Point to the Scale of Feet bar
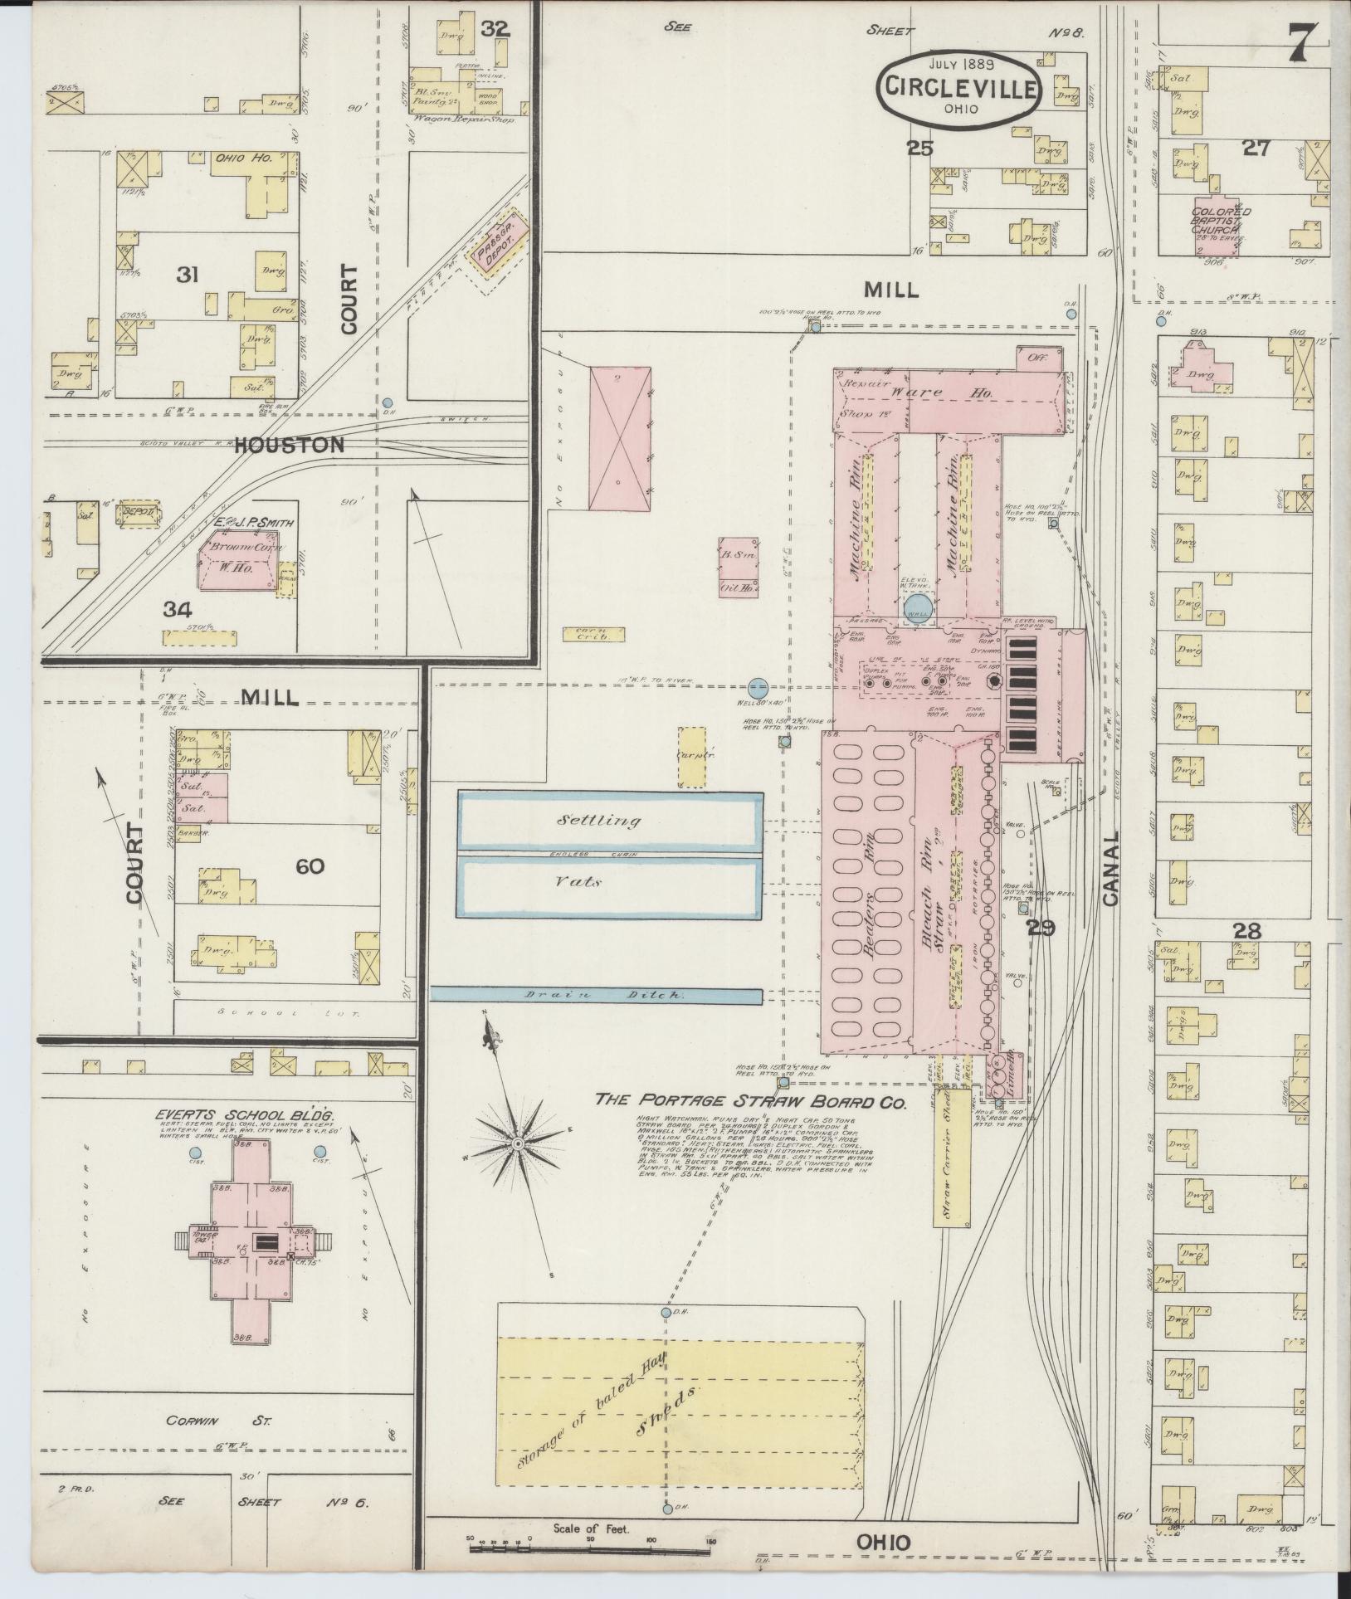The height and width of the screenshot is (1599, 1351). (590, 1541)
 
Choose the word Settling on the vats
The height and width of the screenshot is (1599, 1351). (588, 821)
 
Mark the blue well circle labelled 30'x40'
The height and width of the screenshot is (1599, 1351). (758, 687)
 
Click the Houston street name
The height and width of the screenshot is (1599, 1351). (289, 446)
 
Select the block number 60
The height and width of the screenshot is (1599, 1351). (310, 866)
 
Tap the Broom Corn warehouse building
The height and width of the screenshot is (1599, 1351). (236, 561)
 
